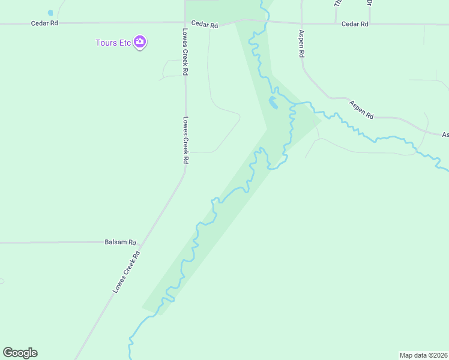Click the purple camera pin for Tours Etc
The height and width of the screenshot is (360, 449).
pyautogui.click(x=140, y=42)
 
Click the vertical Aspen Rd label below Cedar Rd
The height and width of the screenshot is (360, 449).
pyautogui.click(x=301, y=44)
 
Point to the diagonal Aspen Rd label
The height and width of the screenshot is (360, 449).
pyautogui.click(x=362, y=109)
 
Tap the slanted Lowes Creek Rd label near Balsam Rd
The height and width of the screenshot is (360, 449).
pyautogui.click(x=127, y=271)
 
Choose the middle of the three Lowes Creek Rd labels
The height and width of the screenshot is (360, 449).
pyautogui.click(x=186, y=140)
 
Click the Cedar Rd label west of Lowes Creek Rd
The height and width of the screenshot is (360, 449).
pyautogui.click(x=44, y=23)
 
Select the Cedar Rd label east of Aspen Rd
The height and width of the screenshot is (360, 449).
pyautogui.click(x=354, y=24)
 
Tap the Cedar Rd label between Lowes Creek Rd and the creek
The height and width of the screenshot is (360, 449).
pyautogui.click(x=205, y=25)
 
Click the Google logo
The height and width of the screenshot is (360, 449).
pyautogui.click(x=20, y=353)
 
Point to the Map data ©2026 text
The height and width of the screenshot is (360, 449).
pyautogui.click(x=423, y=355)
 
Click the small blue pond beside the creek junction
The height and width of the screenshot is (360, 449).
pyautogui.click(x=273, y=103)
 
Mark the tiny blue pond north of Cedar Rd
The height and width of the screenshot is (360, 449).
pyautogui.click(x=50, y=13)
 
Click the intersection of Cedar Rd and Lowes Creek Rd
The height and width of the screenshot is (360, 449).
pyautogui.click(x=185, y=23)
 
